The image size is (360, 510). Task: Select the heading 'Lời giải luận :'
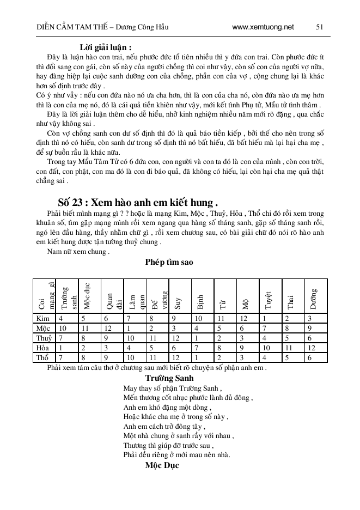[106, 47]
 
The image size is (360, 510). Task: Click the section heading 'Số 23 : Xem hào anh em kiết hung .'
[138, 200]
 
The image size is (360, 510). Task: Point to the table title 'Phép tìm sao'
[169, 262]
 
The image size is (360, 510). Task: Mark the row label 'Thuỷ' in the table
[44, 338]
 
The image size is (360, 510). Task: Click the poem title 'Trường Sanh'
[169, 378]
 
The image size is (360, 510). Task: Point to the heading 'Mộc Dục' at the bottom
[162, 466]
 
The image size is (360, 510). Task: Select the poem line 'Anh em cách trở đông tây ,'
[164, 426]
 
